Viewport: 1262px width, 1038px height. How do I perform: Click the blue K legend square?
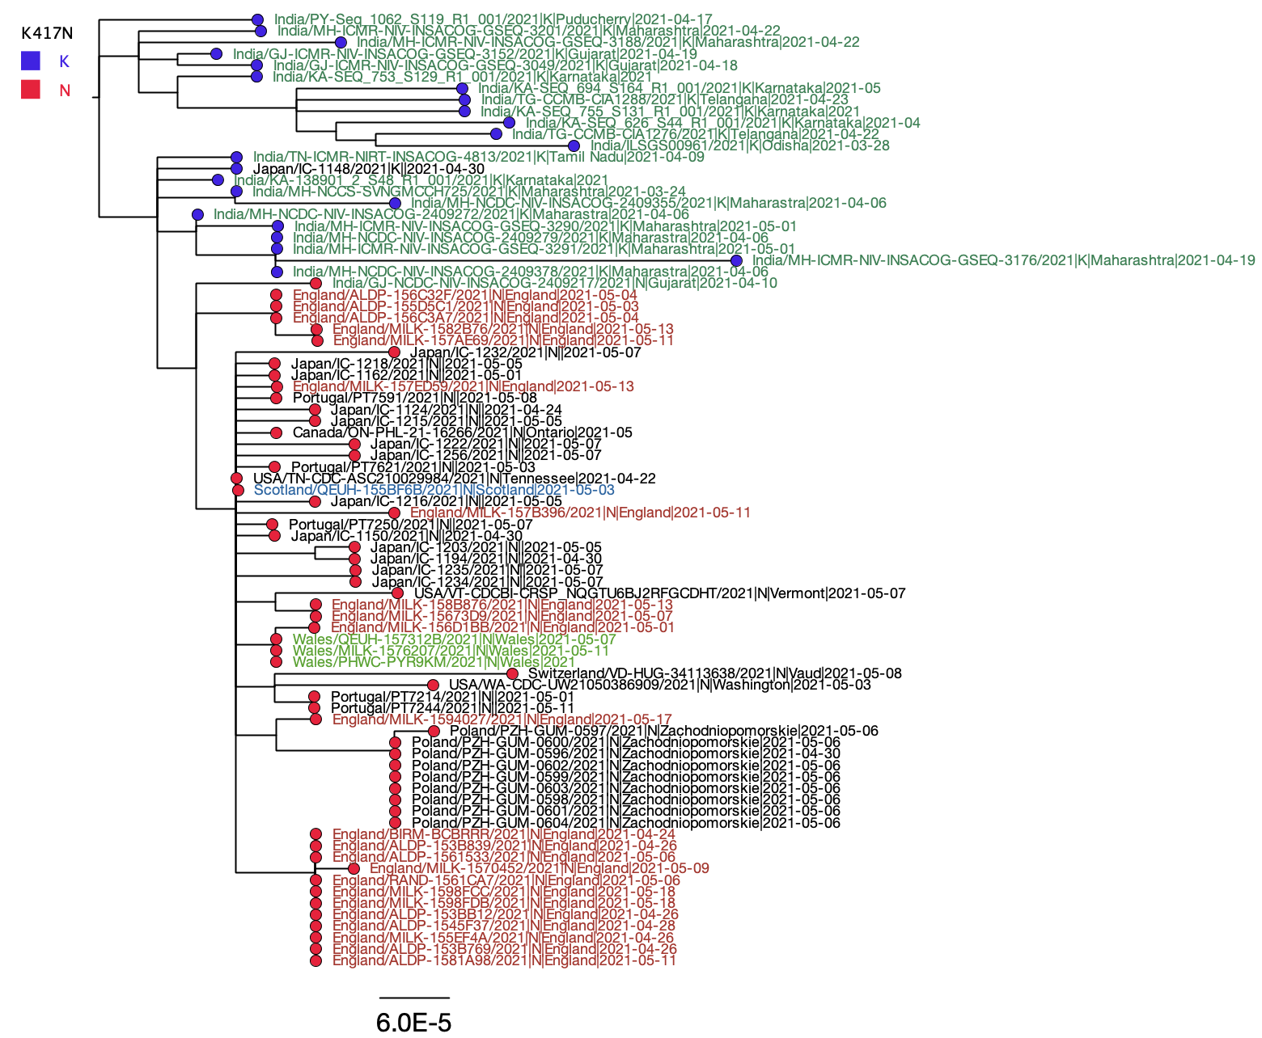[31, 61]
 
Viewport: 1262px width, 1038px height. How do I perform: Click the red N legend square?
[31, 90]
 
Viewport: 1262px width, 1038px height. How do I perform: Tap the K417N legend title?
[47, 33]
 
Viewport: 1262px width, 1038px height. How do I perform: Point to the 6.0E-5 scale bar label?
[413, 1023]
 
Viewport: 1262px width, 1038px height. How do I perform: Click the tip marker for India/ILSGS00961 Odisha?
[574, 146]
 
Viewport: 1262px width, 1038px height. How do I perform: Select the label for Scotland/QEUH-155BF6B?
[434, 490]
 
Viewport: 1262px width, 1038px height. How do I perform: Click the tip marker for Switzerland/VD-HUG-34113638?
[512, 673]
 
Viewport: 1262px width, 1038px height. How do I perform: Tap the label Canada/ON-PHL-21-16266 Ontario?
[462, 432]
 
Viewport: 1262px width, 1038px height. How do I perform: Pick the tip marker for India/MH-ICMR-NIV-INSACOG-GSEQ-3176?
[736, 260]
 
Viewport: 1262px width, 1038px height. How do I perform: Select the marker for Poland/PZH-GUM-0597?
[434, 731]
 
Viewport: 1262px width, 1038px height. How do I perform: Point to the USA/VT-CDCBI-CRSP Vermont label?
[659, 593]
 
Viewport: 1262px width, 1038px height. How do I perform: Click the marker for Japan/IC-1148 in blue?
[236, 168]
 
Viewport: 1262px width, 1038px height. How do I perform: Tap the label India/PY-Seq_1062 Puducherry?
[493, 19]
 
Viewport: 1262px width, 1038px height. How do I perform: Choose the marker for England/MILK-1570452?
[354, 868]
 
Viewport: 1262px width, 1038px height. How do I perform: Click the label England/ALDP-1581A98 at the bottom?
[504, 960]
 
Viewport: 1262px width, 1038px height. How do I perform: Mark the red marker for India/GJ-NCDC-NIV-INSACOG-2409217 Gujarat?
[315, 283]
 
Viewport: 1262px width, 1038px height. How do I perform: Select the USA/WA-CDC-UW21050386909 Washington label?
[659, 685]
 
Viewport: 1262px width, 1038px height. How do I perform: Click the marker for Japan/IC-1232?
[394, 352]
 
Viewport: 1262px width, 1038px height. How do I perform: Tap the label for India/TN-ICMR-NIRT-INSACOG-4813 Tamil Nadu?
[478, 157]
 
